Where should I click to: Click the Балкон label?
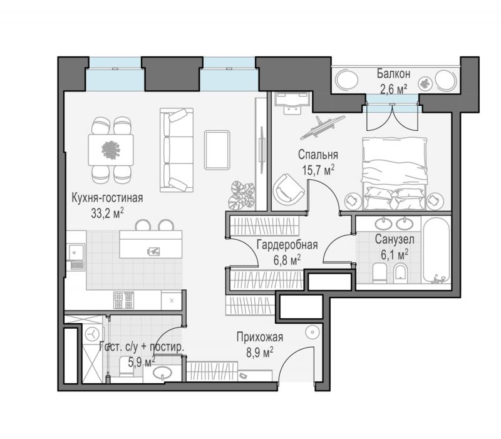[x=393, y=74]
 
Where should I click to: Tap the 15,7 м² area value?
[x=318, y=170]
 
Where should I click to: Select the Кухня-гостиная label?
[x=107, y=198]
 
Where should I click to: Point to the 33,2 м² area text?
[x=107, y=213]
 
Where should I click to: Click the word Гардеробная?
[x=287, y=245]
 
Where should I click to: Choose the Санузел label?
[x=395, y=239]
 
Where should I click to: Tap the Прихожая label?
[x=260, y=337]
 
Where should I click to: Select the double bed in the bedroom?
[x=395, y=173]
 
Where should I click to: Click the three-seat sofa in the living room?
[x=177, y=150]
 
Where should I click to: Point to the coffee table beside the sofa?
[x=217, y=150]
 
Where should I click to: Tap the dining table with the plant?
[x=111, y=150]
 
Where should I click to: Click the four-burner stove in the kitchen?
[x=123, y=301]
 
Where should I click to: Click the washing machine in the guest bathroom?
[x=92, y=334]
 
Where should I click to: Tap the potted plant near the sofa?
[x=242, y=195]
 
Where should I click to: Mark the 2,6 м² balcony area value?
[x=393, y=89]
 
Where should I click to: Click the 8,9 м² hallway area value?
[x=259, y=353]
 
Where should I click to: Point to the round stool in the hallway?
[x=312, y=333]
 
